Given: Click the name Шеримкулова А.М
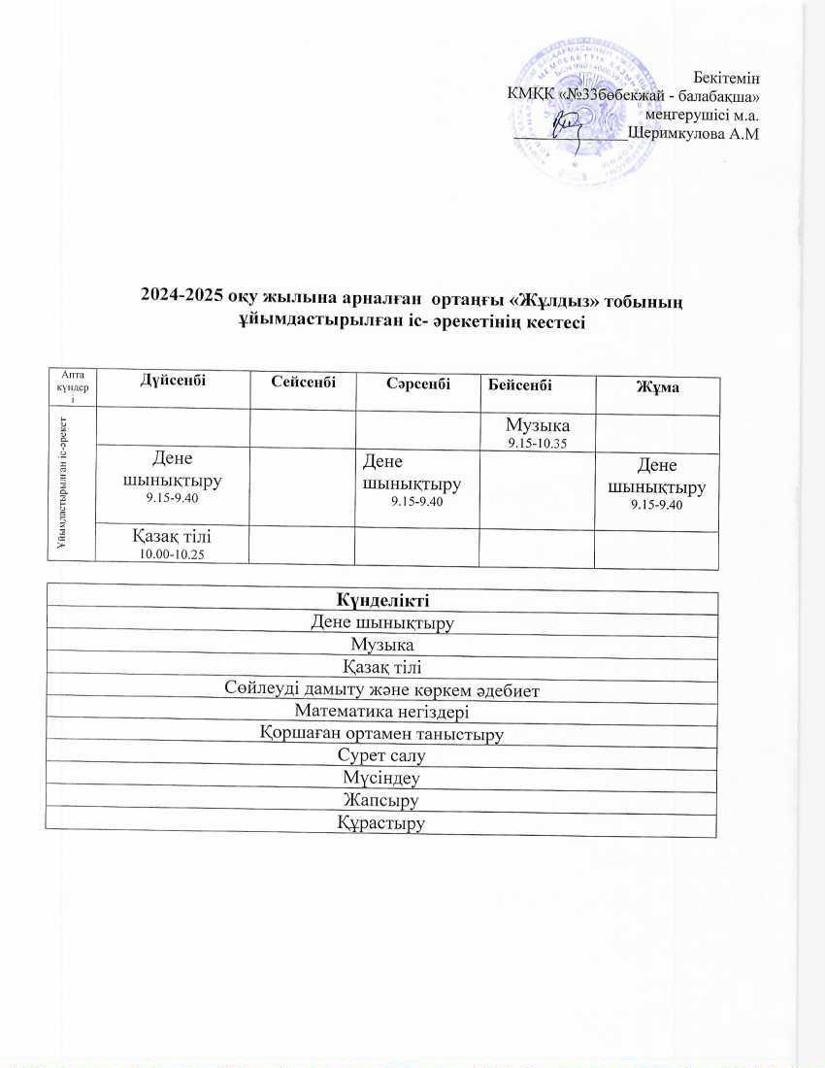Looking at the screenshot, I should coord(693,134).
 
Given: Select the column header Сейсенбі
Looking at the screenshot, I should coord(304,384).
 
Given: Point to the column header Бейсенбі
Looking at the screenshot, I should coord(520,385).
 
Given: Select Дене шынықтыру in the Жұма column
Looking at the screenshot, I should coord(655,484).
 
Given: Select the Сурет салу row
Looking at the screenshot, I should coord(381,755).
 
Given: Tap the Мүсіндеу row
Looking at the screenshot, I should coord(381,778).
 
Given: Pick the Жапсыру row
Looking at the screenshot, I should coord(381,800).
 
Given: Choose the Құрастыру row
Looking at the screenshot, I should coord(381,823).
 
